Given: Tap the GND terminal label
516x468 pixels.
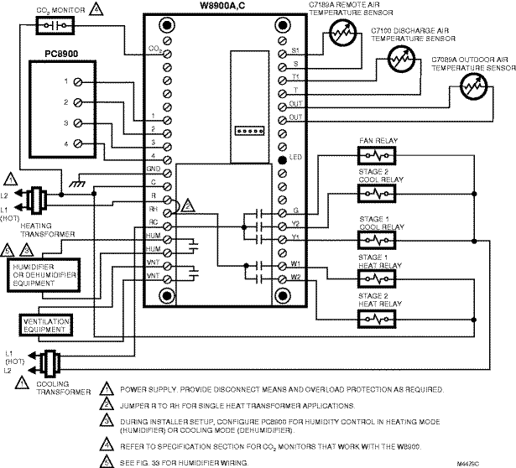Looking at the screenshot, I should click(x=153, y=169).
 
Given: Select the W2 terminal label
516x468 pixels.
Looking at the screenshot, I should click(x=295, y=277).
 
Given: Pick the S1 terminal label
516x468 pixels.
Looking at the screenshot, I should click(x=295, y=50).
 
